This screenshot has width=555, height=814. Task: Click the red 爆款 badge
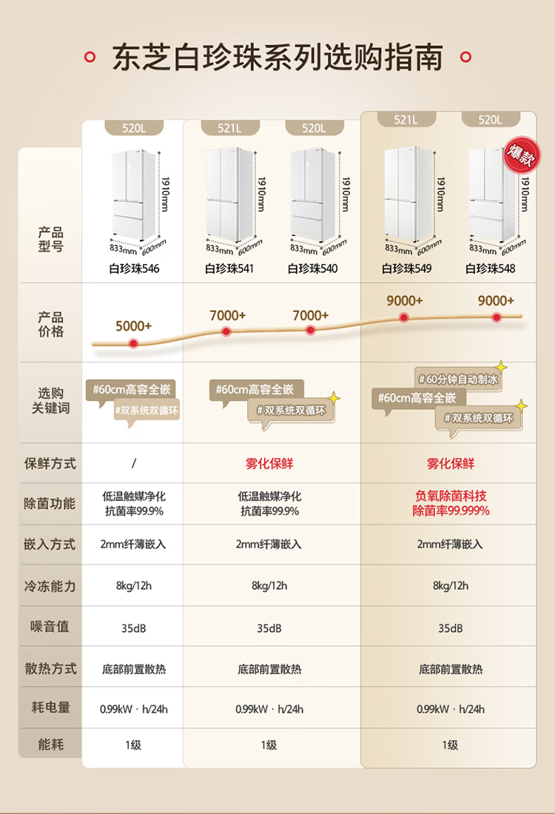[x=521, y=155]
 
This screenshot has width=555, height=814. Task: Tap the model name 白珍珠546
[x=134, y=269]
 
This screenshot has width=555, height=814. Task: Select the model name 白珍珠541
[x=229, y=269]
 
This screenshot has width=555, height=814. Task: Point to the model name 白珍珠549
[x=406, y=269]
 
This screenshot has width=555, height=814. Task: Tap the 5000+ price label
[x=133, y=326]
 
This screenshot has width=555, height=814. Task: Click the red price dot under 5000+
[x=133, y=343]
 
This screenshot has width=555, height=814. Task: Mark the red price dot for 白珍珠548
[x=497, y=317]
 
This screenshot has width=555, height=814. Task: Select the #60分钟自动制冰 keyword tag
[x=458, y=380]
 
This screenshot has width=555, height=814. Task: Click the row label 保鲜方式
[x=50, y=463]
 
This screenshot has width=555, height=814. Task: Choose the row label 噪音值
[x=50, y=627]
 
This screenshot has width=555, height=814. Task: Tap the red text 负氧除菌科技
[x=451, y=496]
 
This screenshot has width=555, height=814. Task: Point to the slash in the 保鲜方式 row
[x=134, y=463]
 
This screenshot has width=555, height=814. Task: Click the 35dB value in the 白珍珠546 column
[x=133, y=628]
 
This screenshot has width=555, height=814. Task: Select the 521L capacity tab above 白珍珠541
[x=229, y=128]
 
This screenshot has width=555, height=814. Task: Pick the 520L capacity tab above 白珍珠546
[x=134, y=128]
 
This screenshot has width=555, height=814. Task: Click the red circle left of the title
[x=90, y=57]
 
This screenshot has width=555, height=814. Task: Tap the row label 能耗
[x=50, y=744]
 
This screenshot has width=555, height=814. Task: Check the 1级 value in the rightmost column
[x=450, y=745]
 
